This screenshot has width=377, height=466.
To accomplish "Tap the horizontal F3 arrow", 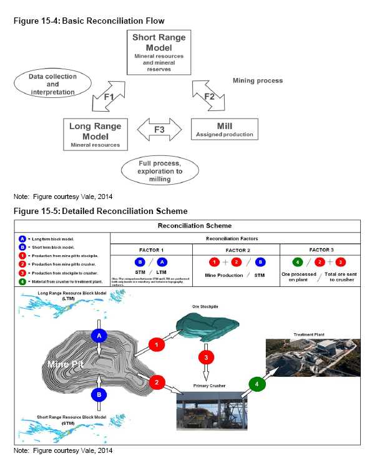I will point(159,130).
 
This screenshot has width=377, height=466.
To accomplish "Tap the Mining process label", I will point(257,80).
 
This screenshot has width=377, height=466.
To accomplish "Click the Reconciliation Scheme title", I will point(187,226).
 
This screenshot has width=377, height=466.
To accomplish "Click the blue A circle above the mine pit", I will point(97,336).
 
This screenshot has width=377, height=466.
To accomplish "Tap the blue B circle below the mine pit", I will point(98,394).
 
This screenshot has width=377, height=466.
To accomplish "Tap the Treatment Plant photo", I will point(312,362).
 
